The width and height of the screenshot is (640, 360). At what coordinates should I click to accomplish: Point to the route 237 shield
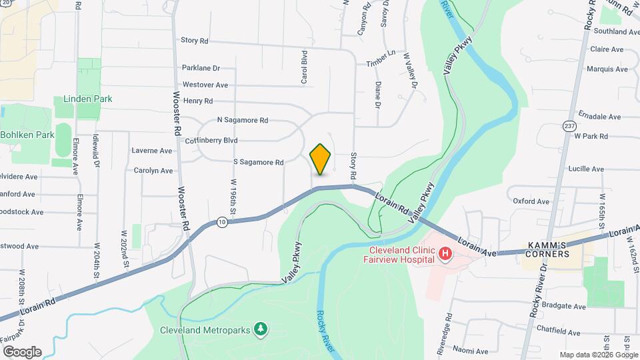[x=569, y=125]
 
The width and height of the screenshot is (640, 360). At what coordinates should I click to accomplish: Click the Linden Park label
[x=87, y=99]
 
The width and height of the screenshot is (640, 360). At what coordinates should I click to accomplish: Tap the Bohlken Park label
[x=27, y=135]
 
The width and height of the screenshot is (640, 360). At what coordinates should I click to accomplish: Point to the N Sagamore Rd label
[x=243, y=121]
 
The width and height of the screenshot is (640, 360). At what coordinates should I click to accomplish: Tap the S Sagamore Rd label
[x=259, y=162]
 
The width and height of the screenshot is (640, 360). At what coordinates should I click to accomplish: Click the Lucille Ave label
[x=586, y=169]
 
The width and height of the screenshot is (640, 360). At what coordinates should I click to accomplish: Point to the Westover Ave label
[x=205, y=85]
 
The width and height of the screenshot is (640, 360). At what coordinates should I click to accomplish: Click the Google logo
[x=22, y=351]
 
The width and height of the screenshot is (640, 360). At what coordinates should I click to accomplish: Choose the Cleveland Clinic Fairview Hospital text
[x=402, y=255]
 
